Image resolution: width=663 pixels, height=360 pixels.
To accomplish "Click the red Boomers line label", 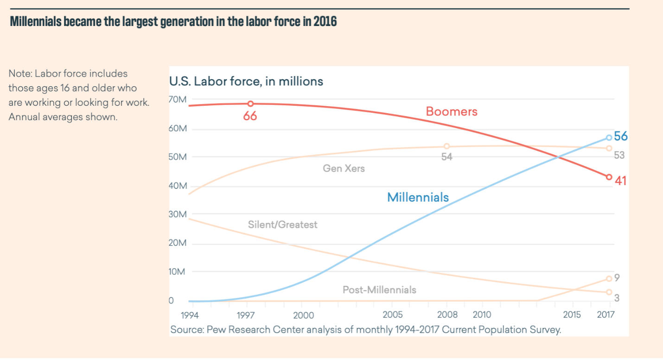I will coord(451,111).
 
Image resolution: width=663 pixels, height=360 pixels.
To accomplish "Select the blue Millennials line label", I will coord(418,197).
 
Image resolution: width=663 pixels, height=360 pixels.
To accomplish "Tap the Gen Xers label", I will coord(344,168).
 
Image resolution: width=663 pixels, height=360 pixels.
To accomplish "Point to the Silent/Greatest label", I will coord(282,225).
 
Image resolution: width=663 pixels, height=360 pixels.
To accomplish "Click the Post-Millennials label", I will coord(379,290).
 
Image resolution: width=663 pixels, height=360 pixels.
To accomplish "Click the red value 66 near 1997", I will coord(250,116).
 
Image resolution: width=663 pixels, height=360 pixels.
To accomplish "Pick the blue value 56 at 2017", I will coord(620,136).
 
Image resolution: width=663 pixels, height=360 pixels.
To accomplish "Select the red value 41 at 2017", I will coord(620,181).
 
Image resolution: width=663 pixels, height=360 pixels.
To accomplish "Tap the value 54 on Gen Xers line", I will coord(446,157).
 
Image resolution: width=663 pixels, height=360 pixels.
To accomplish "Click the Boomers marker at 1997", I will coord(250,104).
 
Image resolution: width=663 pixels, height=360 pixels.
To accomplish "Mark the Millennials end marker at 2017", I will coord(609,138).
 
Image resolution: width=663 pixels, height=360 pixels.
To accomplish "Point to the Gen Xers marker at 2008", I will coord(446,147).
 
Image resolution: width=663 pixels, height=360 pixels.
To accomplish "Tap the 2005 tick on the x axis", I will coord(392,315).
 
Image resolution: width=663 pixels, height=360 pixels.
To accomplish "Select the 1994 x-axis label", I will coord(189,315).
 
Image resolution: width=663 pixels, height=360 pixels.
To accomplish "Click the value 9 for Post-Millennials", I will coord(617,278).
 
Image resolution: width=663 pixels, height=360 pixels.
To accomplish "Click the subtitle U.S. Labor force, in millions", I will coord(246,82).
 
